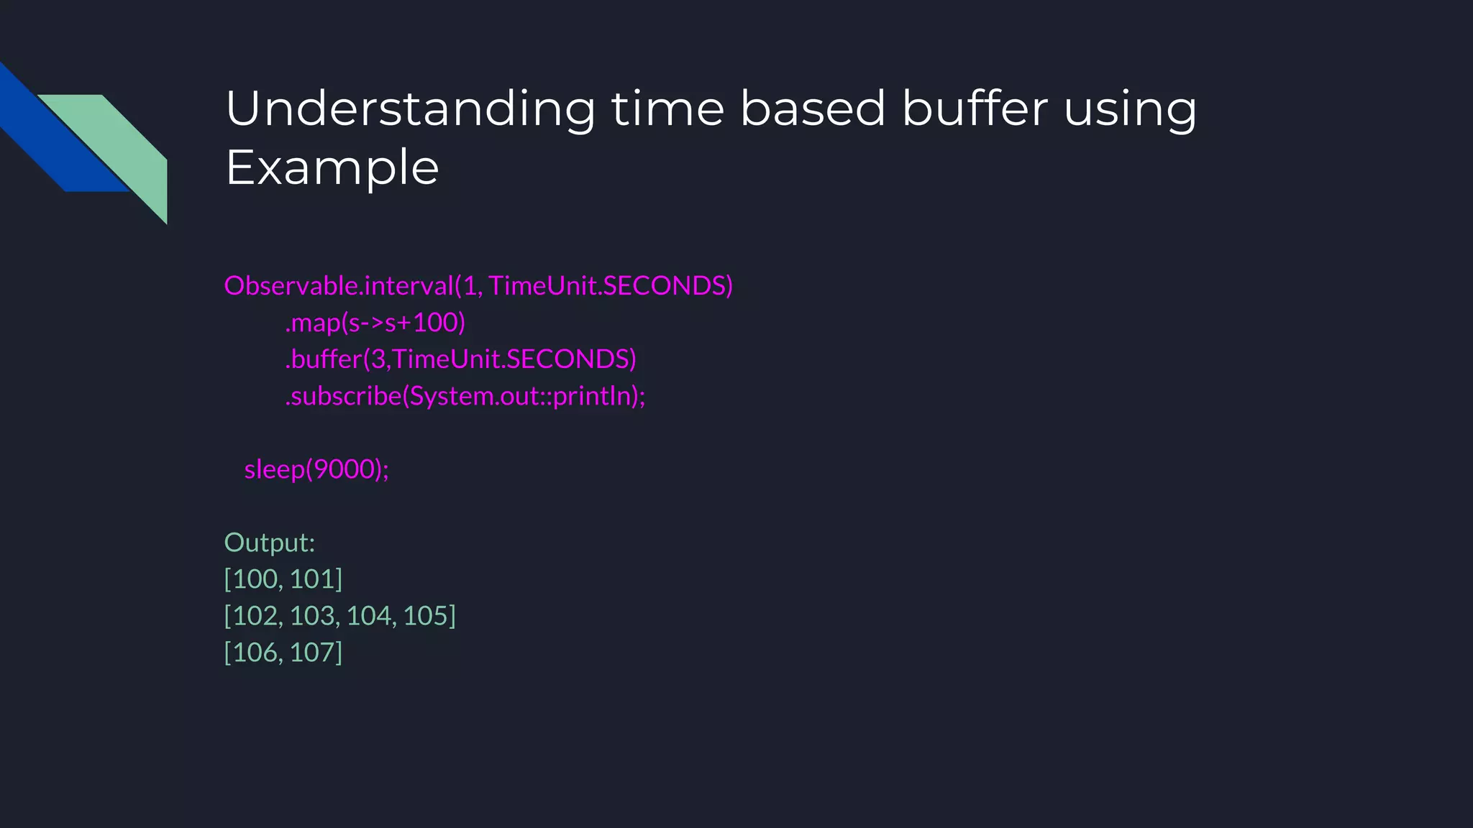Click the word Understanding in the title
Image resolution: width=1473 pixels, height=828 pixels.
410,109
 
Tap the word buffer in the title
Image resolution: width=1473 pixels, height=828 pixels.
975,109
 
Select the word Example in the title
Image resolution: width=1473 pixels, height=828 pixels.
332,168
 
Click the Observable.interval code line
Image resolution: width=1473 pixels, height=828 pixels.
478,286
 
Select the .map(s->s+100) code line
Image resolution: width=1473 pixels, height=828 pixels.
375,323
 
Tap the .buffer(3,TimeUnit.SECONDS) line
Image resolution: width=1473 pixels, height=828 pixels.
460,359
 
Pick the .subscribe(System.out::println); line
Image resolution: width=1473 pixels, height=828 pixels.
465,396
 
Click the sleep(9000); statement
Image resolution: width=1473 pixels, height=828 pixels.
316,469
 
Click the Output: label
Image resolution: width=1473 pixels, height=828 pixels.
270,543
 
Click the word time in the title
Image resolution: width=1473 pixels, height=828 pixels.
667,109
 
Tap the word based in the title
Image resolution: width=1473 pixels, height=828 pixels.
813,109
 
